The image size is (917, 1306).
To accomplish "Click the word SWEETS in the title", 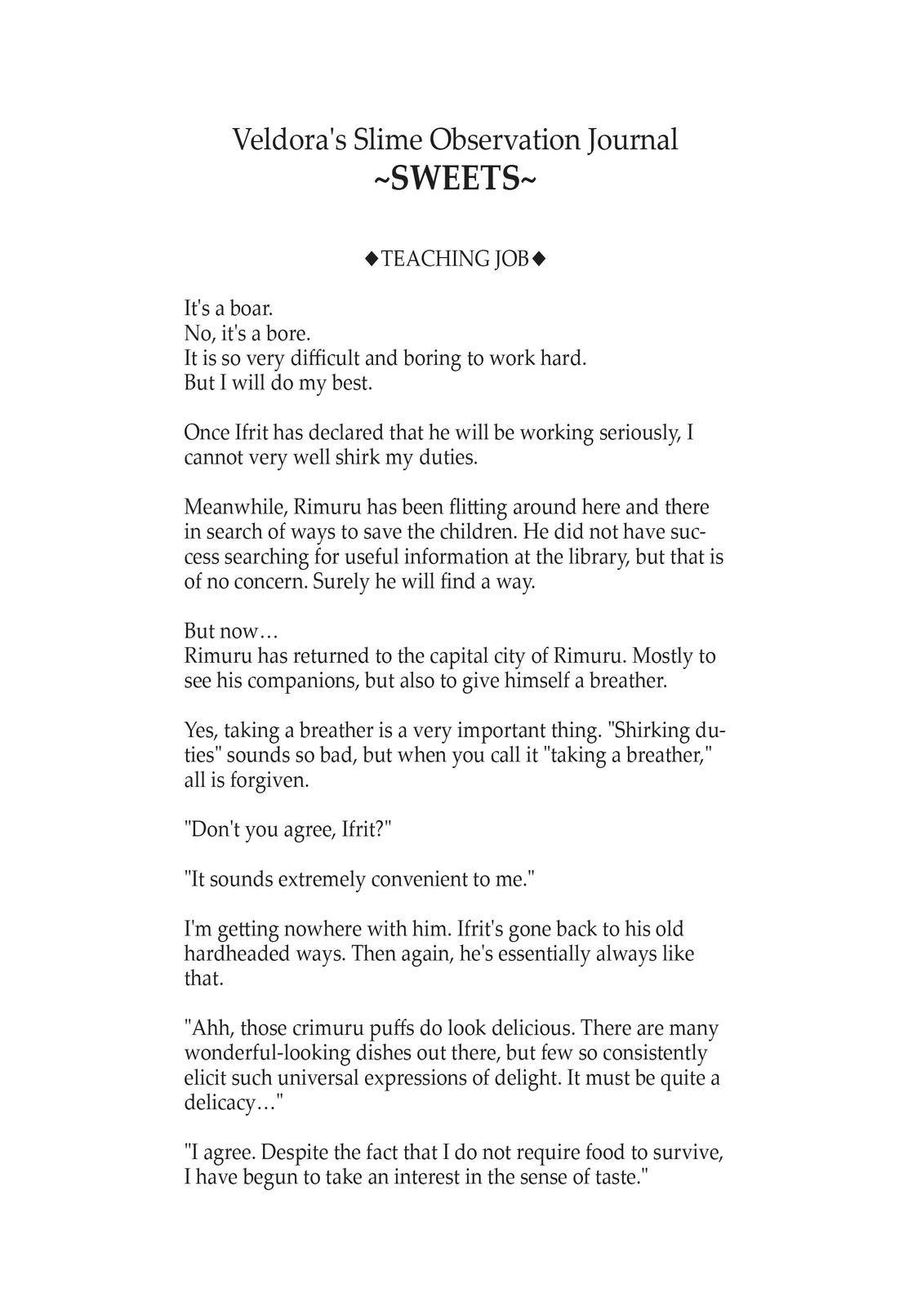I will [x=456, y=179].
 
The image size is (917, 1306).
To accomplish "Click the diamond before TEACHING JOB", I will [x=372, y=259].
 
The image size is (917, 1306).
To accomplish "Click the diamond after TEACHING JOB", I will [x=538, y=259].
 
